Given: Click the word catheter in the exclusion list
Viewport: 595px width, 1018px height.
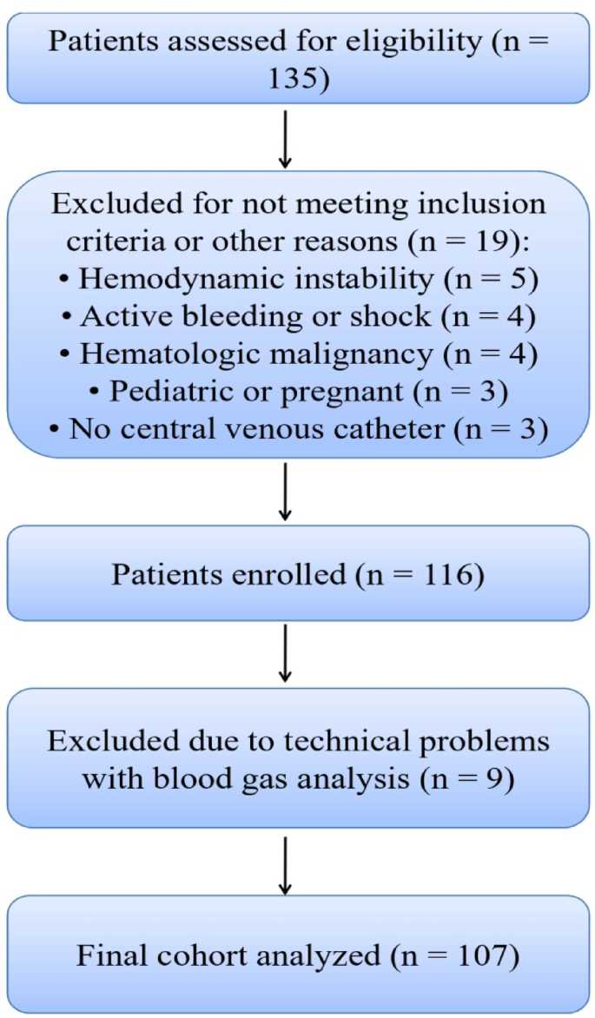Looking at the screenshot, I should [x=401, y=428].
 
